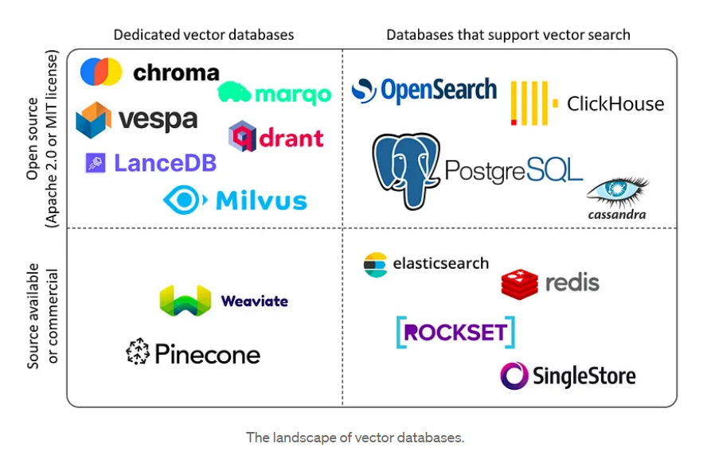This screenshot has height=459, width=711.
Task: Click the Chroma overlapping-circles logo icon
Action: [x=101, y=72]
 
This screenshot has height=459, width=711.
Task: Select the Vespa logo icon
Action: [x=93, y=120]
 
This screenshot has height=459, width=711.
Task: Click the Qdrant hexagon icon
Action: [x=242, y=137]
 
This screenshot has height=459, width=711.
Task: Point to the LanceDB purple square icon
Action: [x=96, y=163]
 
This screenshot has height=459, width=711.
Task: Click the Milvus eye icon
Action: [x=184, y=200]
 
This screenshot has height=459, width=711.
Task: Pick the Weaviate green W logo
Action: [x=185, y=301]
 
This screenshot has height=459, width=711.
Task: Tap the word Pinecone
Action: [x=208, y=354]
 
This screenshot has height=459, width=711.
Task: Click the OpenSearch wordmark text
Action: [x=438, y=91]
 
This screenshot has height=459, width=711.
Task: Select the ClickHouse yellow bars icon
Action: [x=529, y=103]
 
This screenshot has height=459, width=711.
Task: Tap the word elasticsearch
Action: [x=440, y=263]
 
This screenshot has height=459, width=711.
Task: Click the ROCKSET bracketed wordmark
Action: [x=455, y=332]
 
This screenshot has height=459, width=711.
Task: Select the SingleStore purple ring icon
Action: [x=514, y=375]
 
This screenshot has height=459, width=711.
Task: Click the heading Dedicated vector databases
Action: [x=204, y=35]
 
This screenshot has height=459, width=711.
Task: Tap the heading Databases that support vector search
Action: [x=508, y=35]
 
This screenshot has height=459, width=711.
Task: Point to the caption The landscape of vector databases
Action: [x=354, y=437]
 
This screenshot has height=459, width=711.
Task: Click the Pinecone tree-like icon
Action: [x=138, y=352]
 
